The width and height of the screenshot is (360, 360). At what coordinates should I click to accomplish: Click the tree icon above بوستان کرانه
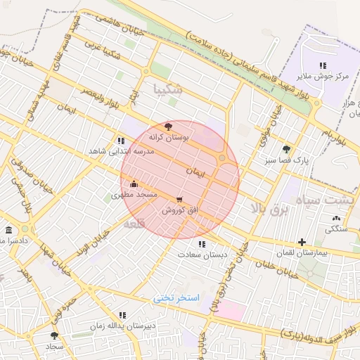(167, 127)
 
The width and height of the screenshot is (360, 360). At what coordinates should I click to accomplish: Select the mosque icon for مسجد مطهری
(134, 184)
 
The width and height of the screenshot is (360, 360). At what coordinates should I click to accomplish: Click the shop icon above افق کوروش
(181, 199)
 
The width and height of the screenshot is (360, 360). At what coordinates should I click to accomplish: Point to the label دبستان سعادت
(202, 255)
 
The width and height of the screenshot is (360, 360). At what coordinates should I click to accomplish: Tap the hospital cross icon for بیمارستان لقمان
(302, 242)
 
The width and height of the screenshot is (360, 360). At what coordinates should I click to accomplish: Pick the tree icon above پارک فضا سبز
(286, 149)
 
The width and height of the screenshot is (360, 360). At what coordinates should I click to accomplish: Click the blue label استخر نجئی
(177, 298)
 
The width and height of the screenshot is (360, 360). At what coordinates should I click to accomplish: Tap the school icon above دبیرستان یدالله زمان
(122, 315)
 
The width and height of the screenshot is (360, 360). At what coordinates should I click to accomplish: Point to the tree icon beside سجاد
(55, 336)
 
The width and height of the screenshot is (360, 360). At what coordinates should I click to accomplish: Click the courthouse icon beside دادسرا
(8, 230)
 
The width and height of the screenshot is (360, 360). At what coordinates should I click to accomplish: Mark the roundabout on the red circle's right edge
(222, 158)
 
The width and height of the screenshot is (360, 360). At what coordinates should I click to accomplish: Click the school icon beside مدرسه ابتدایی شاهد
(122, 141)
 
